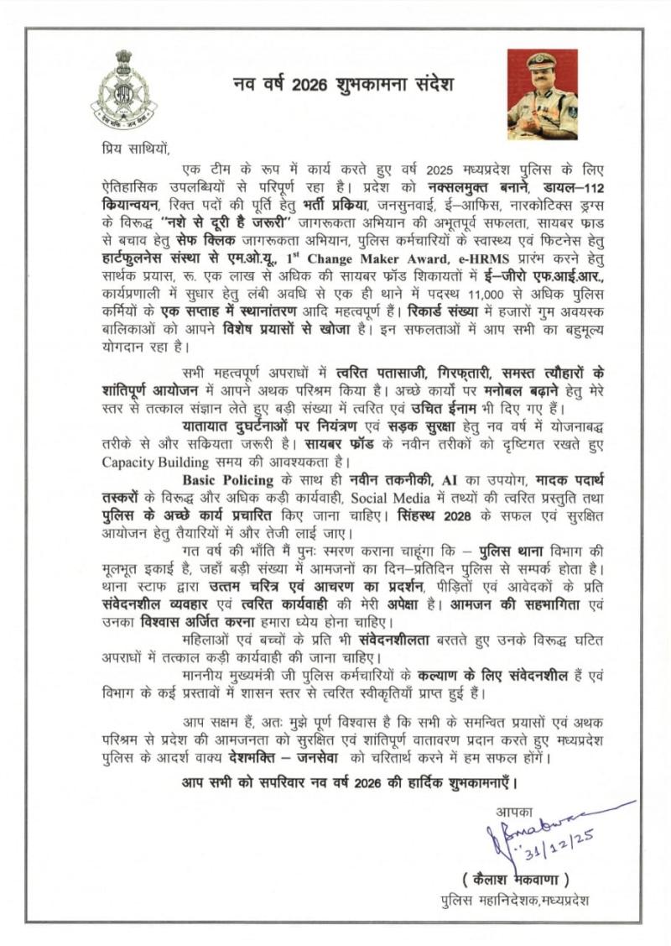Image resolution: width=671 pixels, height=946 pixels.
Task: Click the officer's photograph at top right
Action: click(x=542, y=93)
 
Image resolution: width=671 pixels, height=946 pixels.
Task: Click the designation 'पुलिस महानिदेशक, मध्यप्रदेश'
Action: click(x=516, y=901)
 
